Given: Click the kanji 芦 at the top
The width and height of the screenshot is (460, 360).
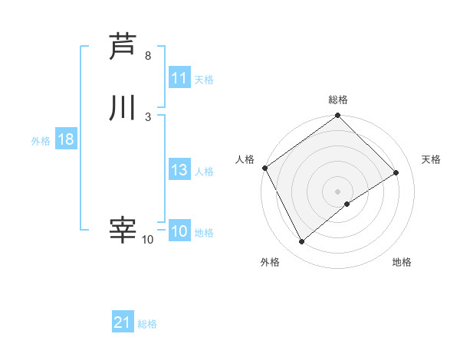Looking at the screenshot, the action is pyautogui.click(x=123, y=47).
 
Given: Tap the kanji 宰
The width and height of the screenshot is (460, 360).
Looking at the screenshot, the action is pyautogui.click(x=123, y=230).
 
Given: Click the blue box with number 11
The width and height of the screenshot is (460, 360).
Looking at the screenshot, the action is pyautogui.click(x=179, y=78).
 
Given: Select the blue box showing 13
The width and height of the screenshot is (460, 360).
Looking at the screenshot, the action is pyautogui.click(x=179, y=171).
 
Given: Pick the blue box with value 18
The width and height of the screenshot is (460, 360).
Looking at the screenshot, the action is pyautogui.click(x=65, y=140).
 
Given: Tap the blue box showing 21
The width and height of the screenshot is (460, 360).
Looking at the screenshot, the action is pyautogui.click(x=123, y=322).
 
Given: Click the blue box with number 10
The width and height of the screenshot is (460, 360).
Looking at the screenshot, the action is pyautogui.click(x=179, y=231).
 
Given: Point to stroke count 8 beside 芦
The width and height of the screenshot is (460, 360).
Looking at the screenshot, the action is pyautogui.click(x=148, y=57).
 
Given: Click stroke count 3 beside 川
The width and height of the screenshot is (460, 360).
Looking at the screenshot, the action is pyautogui.click(x=148, y=116).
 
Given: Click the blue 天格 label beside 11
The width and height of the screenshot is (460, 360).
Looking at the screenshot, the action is pyautogui.click(x=204, y=79).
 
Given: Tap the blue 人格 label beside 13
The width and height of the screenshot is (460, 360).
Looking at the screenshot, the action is pyautogui.click(x=204, y=172).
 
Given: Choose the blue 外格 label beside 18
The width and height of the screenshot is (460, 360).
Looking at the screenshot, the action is pyautogui.click(x=41, y=141).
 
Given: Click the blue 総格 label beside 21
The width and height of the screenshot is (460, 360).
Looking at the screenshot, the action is pyautogui.click(x=147, y=324).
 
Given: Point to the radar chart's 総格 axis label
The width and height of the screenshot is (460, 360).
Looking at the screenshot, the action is pyautogui.click(x=338, y=100).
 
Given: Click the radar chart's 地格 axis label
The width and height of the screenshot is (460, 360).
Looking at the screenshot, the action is pyautogui.click(x=402, y=263).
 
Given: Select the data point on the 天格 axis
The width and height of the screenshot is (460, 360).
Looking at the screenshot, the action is pyautogui.click(x=396, y=172).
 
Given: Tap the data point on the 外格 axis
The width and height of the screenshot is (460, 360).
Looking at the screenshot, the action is pyautogui.click(x=301, y=242).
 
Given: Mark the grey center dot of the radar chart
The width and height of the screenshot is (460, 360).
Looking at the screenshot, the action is pyautogui.click(x=338, y=191).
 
